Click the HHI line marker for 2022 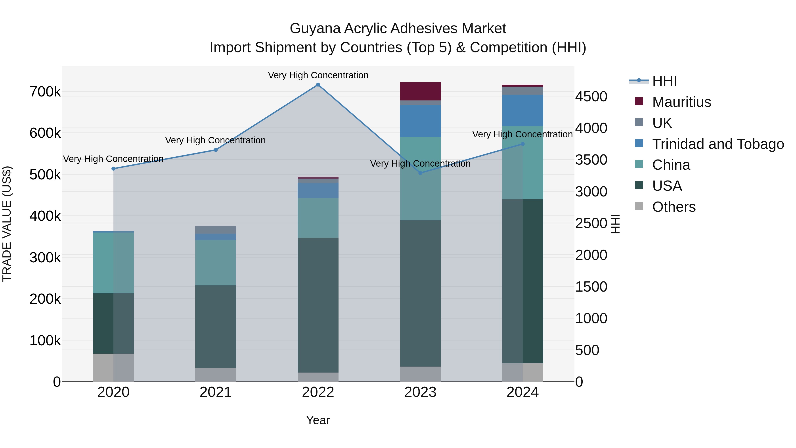coord(318,85)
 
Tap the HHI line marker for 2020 coord(113,169)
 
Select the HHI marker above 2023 coord(420,173)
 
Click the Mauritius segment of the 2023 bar coord(420,91)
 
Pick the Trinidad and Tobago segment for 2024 coord(522,110)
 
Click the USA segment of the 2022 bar coord(318,305)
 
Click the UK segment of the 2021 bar coord(216,230)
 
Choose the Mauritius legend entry coord(681,102)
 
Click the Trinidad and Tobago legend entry coord(718,144)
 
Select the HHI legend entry coord(664,81)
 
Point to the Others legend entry coord(674,207)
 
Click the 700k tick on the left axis coord(45,92)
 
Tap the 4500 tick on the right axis coord(591,96)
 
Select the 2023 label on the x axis coord(420,392)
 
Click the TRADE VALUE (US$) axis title coord(7,224)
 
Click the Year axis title coord(318,420)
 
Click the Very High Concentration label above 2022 coord(318,75)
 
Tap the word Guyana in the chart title coord(315,29)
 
